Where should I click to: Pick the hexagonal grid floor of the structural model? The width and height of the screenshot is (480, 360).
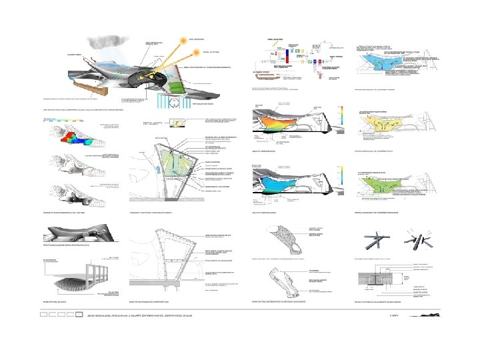point(74,283)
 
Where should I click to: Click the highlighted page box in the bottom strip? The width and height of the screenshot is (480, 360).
point(79,313)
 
